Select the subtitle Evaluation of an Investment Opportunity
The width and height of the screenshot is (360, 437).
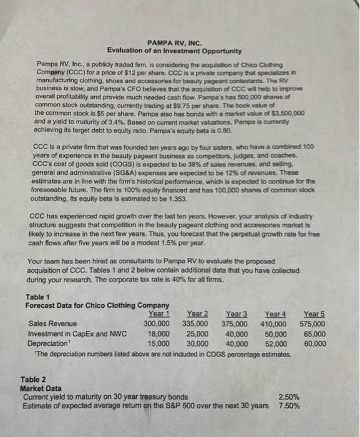[x=174, y=50]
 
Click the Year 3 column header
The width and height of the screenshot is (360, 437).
[x=236, y=314]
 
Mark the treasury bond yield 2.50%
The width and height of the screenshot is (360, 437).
[x=289, y=396]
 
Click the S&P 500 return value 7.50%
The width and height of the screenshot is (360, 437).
[x=289, y=405]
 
